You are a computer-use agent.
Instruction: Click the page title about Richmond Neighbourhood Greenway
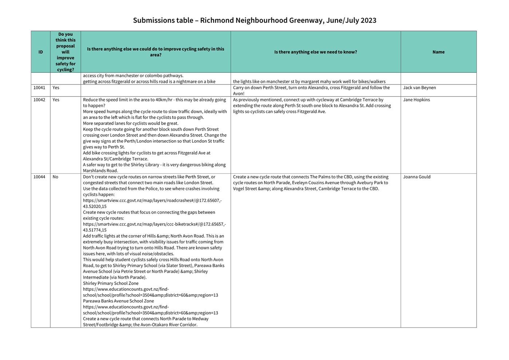tap(254, 20)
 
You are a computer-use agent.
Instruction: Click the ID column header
tap(40, 52)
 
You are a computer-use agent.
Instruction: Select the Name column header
tap(438, 52)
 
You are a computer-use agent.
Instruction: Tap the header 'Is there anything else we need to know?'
tap(315, 52)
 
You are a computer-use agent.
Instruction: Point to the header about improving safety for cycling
tap(66, 52)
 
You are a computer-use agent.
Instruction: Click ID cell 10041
tap(39, 88)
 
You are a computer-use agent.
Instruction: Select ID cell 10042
tap(39, 100)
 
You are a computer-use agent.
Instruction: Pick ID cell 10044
tap(39, 177)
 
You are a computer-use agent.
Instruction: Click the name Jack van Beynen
tap(419, 88)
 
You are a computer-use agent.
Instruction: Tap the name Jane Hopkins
tap(416, 100)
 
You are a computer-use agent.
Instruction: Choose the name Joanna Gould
tap(417, 177)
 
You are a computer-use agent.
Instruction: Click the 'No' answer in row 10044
tap(55, 177)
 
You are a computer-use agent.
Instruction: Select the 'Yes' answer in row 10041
tap(56, 88)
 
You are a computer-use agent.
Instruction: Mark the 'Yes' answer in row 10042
tap(56, 100)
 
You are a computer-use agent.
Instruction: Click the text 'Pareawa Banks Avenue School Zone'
tap(118, 301)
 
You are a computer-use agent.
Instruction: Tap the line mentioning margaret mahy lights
tap(309, 82)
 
